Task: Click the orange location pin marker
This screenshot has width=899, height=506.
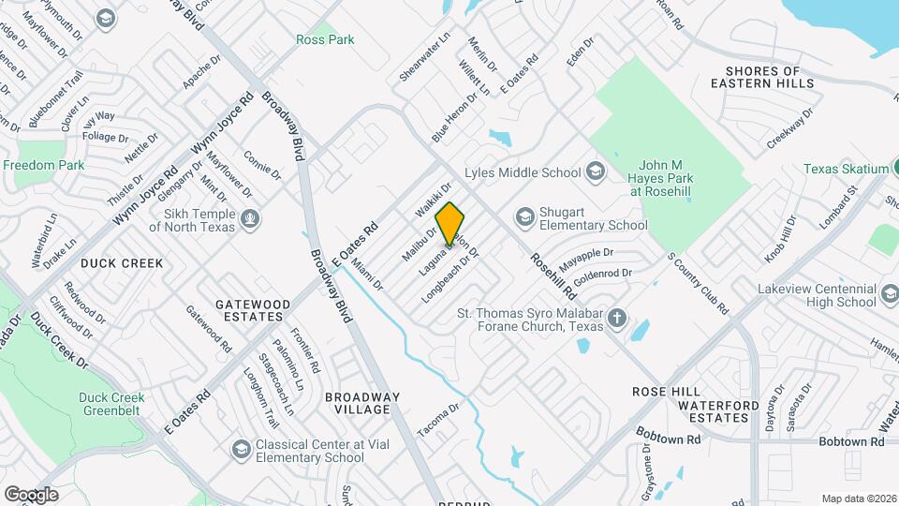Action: [x=450, y=223]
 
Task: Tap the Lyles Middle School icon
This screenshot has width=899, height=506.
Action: [x=594, y=171]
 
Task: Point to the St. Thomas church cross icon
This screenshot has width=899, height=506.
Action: [x=617, y=318]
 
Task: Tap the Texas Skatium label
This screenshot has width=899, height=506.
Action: [x=846, y=169]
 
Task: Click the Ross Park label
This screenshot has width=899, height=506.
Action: [x=325, y=39]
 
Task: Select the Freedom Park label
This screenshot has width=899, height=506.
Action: [x=43, y=165]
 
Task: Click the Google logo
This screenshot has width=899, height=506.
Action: [x=31, y=494]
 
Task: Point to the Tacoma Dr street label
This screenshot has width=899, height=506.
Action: [x=439, y=419]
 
